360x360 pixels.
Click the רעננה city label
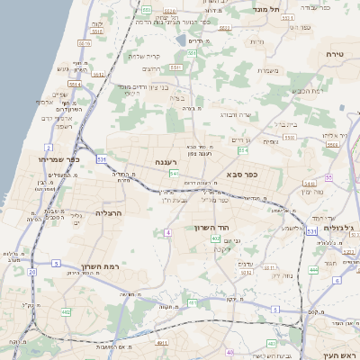[x=164, y=162]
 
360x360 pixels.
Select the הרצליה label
[x=108, y=213]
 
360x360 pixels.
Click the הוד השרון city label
[x=213, y=228]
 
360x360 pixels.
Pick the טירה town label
[x=336, y=55]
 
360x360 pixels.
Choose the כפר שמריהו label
[x=58, y=159]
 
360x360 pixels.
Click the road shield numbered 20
[x=31, y=271]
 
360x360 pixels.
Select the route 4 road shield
[x=167, y=233]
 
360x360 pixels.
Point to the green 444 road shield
[x=313, y=269]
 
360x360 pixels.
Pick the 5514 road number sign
[x=75, y=85]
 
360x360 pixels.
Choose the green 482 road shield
[x=66, y=311]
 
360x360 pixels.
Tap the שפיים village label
[x=60, y=94]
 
